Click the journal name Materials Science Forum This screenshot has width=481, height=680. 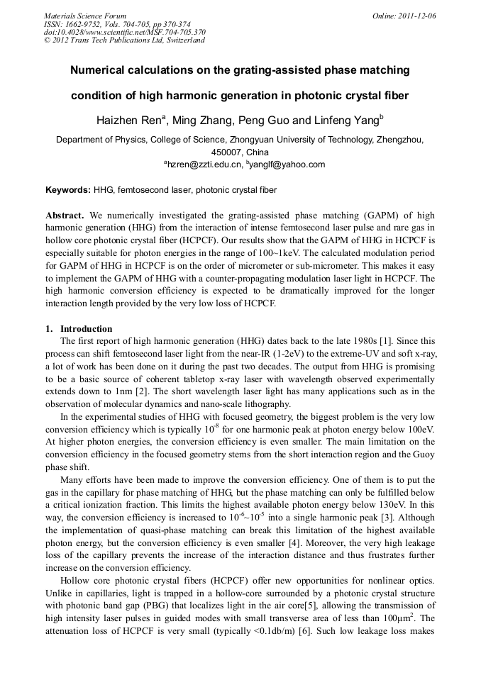coord(85,15)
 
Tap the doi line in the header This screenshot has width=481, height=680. coord(125,32)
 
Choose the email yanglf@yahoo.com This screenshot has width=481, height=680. coord(287,165)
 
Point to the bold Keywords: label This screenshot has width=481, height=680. coord(68,190)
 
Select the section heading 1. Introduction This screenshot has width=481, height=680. coord(79,329)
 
